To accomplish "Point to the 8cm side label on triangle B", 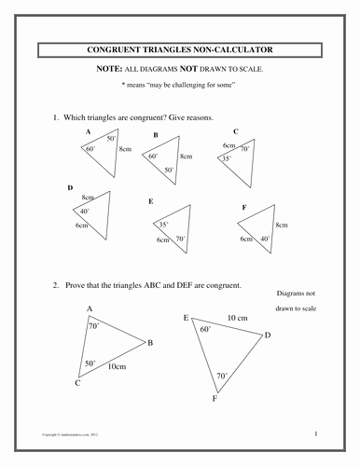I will pyautogui.click(x=186, y=158).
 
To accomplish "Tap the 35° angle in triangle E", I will pyautogui.click(x=163, y=225).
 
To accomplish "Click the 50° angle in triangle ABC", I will pyautogui.click(x=90, y=363).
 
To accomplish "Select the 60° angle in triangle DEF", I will pyautogui.click(x=203, y=329).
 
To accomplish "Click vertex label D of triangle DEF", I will pyautogui.click(x=268, y=335).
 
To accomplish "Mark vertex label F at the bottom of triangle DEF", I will pyautogui.click(x=215, y=399).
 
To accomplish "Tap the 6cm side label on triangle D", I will pyautogui.click(x=81, y=226).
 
